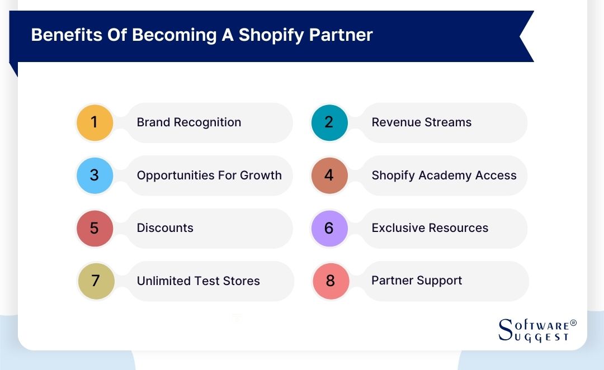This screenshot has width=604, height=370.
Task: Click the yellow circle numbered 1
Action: (95, 122)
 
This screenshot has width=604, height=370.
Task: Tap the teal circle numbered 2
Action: (329, 122)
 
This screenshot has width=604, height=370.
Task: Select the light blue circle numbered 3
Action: (95, 175)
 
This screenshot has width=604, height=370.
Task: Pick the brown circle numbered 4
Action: (329, 175)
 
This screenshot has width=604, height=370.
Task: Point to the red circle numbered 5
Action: (95, 228)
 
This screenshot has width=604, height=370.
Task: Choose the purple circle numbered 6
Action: (329, 228)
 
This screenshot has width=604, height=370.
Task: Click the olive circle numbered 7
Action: (96, 281)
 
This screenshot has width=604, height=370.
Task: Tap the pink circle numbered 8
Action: (331, 281)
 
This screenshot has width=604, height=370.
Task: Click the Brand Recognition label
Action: (189, 122)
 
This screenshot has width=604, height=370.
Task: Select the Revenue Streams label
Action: (422, 122)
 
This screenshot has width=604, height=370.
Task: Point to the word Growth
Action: (261, 175)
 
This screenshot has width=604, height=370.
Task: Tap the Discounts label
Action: (165, 228)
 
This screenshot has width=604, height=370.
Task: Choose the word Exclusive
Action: (398, 228)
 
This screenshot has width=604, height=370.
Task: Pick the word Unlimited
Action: (163, 281)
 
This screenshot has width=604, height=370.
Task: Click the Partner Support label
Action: (417, 281)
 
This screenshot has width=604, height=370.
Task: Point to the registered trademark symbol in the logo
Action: (573, 324)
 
